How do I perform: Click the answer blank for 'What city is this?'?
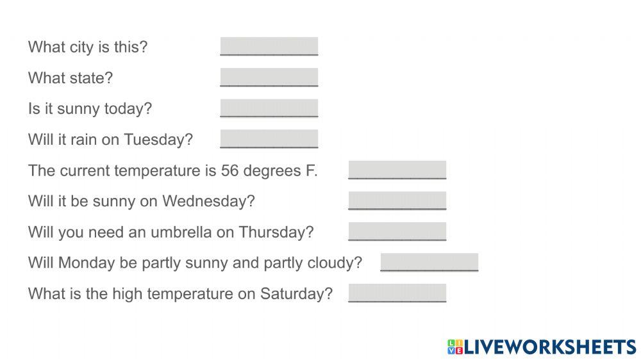click(269, 47)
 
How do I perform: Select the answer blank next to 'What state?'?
click(269, 78)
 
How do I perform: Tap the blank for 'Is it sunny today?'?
click(269, 108)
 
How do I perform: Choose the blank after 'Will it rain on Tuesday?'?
click(269, 139)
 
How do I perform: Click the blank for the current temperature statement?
click(397, 170)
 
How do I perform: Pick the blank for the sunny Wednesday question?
click(397, 200)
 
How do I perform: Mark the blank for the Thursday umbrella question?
click(397, 231)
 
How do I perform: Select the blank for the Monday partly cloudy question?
click(429, 262)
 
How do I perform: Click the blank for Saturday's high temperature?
click(397, 293)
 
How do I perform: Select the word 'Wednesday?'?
click(208, 201)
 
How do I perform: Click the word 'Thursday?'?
click(276, 232)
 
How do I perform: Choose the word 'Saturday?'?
click(296, 293)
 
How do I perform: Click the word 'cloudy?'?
click(336, 263)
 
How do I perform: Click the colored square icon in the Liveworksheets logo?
click(454, 347)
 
